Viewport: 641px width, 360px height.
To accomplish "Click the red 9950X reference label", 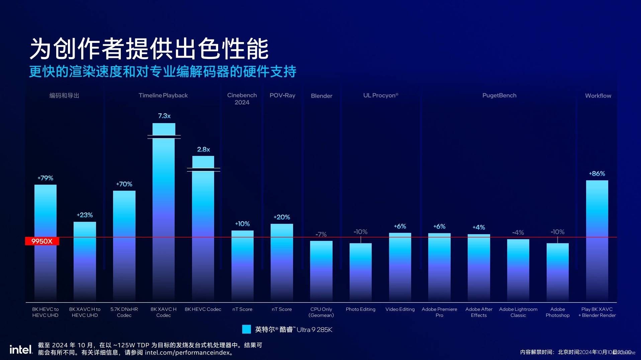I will [42, 241].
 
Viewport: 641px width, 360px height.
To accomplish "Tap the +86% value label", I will [597, 174].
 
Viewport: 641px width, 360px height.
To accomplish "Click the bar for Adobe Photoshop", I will [557, 271].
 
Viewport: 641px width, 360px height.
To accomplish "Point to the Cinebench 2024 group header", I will [242, 99].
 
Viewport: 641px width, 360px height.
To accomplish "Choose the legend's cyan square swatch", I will [247, 329].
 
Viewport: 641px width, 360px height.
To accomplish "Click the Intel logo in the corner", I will [21, 350].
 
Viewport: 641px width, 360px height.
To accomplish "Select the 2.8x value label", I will [203, 150].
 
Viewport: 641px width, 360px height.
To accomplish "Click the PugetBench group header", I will [499, 96].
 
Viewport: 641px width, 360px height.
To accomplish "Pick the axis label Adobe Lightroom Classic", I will [518, 312].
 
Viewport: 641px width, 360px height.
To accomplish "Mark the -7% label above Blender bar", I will [321, 234].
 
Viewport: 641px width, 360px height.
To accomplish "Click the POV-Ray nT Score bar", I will [282, 261].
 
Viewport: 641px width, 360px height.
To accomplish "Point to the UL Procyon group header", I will [381, 96].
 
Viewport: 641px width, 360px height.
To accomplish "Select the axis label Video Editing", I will [400, 309].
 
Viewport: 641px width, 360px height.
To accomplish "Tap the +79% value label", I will [45, 178].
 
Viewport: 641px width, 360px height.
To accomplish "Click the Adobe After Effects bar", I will [479, 268].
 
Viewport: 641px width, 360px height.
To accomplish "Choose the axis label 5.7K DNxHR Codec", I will [124, 312].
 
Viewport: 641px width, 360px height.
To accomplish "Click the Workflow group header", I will [598, 96].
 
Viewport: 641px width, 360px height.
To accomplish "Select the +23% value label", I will [85, 215].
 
